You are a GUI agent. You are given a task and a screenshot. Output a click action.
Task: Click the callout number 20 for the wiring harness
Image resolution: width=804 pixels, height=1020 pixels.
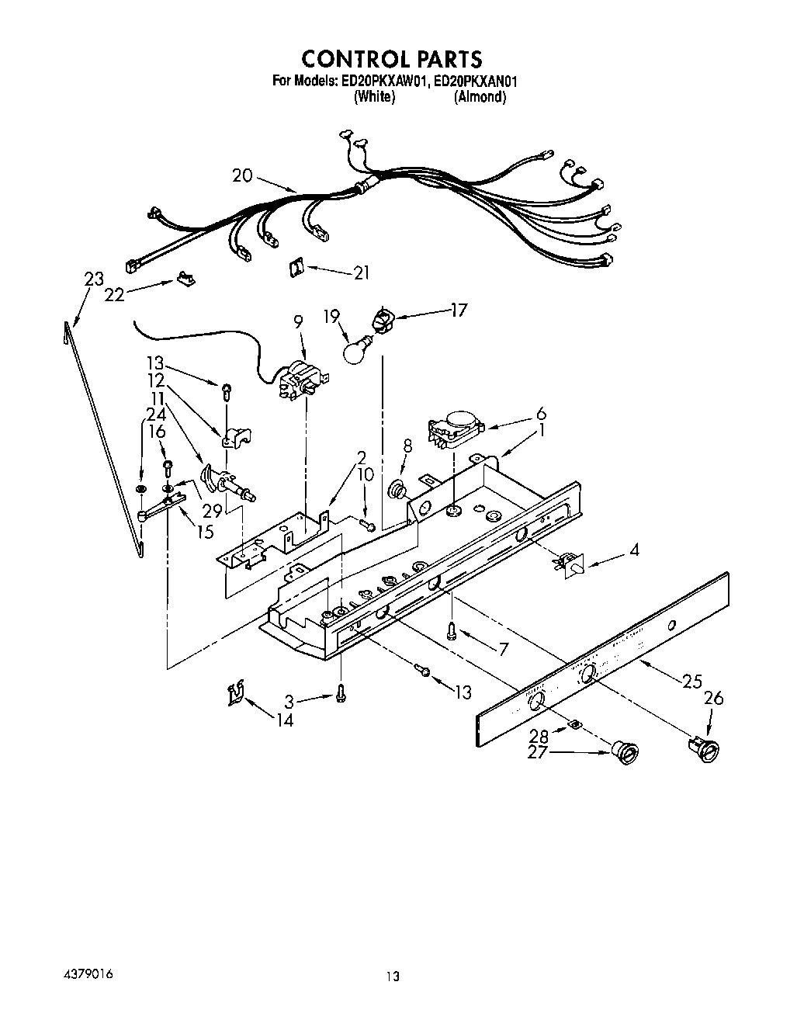pyautogui.click(x=243, y=175)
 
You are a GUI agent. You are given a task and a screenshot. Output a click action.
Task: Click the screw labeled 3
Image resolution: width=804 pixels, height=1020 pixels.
pyautogui.click(x=341, y=697)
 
